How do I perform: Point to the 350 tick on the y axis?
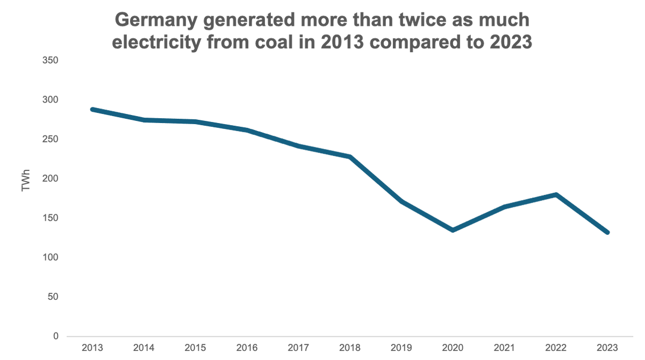51,61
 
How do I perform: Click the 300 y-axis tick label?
51,100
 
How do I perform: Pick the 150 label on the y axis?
51,218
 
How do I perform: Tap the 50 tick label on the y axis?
53,297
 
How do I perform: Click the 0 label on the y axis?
55,336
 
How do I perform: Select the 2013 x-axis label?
92,348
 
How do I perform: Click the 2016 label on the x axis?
247,348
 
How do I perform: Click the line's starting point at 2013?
92,109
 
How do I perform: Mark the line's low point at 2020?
453,230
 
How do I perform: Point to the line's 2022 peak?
556,195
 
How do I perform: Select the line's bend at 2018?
350,157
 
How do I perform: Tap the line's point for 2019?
402,201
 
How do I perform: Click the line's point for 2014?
144,120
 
